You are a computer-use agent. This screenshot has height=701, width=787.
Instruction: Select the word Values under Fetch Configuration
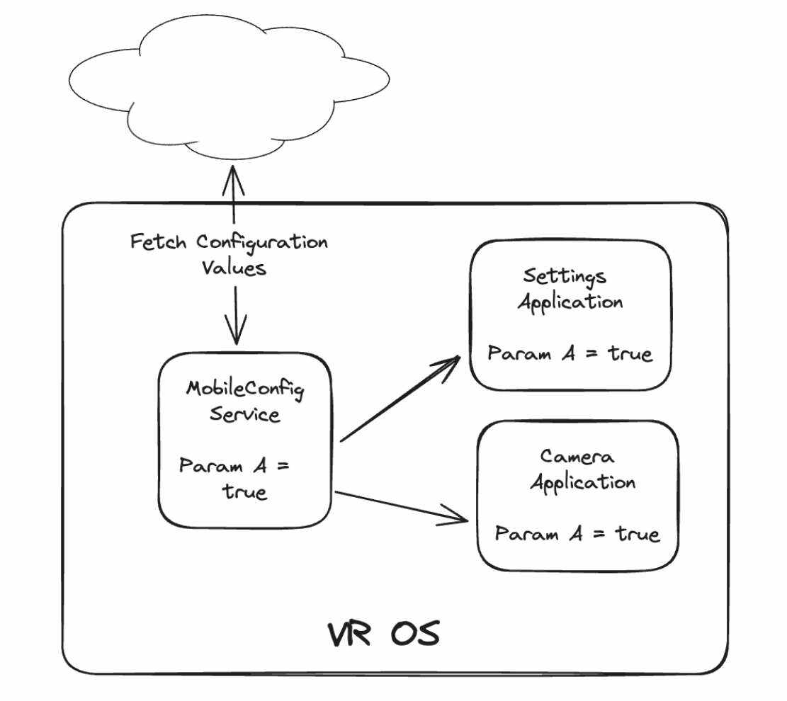click(234, 268)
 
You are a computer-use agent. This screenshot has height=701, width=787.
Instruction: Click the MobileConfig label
click(244, 390)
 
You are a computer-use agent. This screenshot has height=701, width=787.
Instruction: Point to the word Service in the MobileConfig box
click(244, 414)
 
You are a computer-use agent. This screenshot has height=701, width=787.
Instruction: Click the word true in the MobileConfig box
click(245, 491)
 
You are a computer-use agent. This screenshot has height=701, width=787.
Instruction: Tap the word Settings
click(565, 276)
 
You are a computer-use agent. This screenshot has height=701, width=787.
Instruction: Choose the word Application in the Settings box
click(570, 302)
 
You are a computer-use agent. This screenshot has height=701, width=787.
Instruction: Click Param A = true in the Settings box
click(570, 353)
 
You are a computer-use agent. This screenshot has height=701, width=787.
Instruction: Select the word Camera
click(577, 457)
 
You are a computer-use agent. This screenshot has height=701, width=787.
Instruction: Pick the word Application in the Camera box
click(583, 482)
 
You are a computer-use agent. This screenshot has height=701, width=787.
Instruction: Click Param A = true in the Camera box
click(577, 533)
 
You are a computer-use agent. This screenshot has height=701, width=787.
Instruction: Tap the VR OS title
click(383, 634)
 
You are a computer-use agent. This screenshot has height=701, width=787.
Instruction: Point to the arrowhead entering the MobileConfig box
click(235, 333)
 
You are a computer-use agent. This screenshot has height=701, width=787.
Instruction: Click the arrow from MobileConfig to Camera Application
click(400, 506)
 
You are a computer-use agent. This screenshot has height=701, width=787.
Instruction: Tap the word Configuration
click(262, 243)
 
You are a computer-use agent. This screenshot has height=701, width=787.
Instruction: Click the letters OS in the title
click(414, 634)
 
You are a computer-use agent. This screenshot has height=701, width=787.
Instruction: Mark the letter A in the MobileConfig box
click(259, 467)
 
